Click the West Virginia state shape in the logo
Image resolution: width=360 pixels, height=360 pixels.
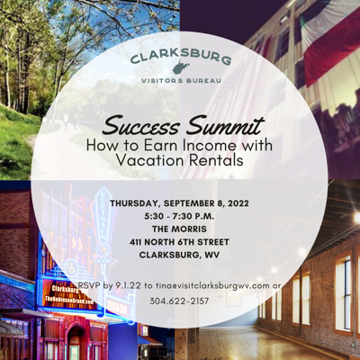[181, 68]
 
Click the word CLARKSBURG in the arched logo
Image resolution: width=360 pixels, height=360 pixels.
[181, 57]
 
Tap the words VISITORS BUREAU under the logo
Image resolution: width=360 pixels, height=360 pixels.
[181, 81]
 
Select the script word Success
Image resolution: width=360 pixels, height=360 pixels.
[140, 126]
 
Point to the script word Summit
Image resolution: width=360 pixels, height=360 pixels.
[225, 125]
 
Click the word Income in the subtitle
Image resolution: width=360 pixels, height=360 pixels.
[207, 146]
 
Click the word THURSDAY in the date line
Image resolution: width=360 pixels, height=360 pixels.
[135, 203]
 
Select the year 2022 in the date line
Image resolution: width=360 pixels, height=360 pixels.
[238, 203]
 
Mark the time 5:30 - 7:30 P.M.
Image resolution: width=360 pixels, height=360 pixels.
[179, 216]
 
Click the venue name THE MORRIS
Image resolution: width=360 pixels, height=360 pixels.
[179, 229]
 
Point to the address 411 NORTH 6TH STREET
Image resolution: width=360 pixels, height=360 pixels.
[179, 242]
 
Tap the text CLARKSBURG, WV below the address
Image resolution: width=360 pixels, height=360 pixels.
[179, 255]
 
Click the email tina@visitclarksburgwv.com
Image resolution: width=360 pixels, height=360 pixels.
[212, 285]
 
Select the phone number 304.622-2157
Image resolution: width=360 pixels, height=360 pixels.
[179, 301]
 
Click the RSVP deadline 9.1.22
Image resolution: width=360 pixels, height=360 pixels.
[128, 285]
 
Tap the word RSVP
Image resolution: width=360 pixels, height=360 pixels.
[89, 285]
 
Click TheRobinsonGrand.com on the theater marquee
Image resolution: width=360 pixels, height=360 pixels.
[68, 300]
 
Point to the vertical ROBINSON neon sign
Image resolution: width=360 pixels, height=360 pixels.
[103, 219]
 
